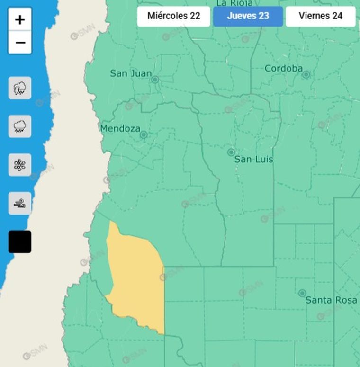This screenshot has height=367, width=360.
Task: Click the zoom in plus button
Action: [20, 19]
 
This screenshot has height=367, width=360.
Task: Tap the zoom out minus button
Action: [20, 43]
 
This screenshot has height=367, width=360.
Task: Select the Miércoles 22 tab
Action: [174, 16]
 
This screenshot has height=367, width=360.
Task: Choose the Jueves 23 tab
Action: [248, 16]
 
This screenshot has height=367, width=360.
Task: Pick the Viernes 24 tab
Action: [321, 16]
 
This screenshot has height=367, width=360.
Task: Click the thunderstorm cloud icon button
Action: [20, 88]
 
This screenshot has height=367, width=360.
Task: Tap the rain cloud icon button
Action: [20, 126]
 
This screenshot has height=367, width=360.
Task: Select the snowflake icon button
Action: [20, 165]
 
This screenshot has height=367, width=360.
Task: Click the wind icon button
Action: [20, 204]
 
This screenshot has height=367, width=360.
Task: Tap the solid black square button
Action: [20, 242]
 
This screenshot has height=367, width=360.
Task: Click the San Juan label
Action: [131, 73]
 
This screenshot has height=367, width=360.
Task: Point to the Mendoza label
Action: [120, 128]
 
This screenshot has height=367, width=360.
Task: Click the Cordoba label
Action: [283, 69]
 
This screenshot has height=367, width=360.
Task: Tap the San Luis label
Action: [254, 160]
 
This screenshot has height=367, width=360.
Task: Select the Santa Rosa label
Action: [331, 300]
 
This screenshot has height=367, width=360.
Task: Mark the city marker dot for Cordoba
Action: [306, 75]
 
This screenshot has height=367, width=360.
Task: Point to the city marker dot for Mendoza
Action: [144, 135]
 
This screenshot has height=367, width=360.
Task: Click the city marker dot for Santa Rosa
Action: [302, 293]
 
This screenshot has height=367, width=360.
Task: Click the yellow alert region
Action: [136, 279]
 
